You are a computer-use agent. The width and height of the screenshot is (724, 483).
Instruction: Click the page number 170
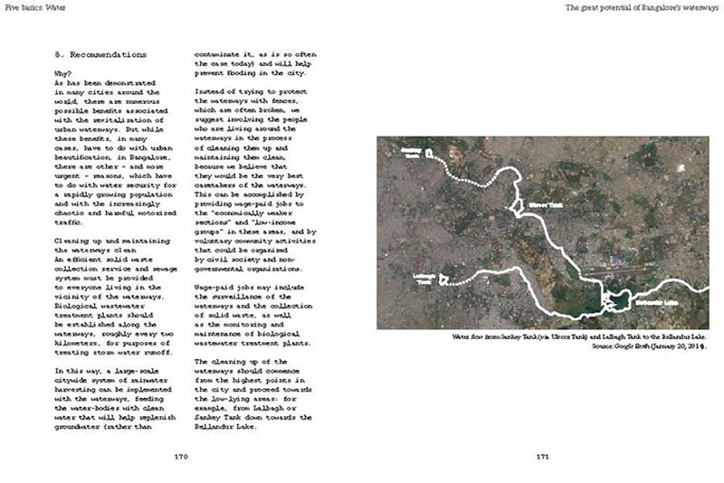[x=178, y=458]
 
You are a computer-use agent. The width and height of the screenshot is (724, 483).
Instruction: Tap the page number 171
[x=541, y=458]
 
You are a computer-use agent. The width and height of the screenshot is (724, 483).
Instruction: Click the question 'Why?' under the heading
[x=63, y=74]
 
